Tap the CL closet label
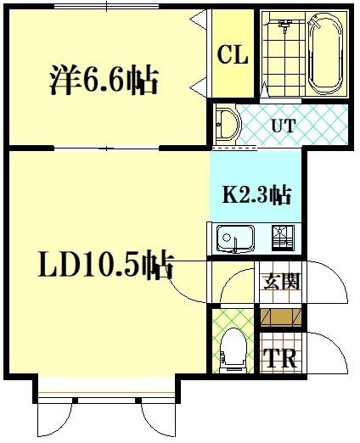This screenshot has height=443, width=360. pyautogui.click(x=231, y=56)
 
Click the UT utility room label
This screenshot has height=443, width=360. pyautogui.click(x=283, y=126)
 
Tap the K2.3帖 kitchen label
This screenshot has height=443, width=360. pyautogui.click(x=256, y=195)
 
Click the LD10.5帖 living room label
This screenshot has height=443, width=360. pyautogui.click(x=105, y=266)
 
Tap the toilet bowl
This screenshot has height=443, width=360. pyautogui.click(x=232, y=348)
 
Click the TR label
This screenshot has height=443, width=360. pyautogui.click(x=280, y=358)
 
